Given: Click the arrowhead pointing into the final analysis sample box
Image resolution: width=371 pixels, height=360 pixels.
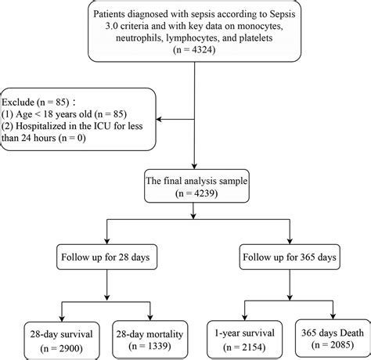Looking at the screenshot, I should point(195,164).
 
